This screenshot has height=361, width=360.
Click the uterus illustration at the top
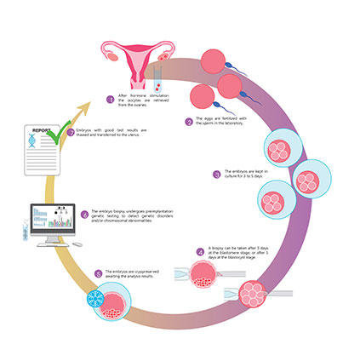click(x=134, y=58)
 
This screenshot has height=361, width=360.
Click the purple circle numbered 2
click(x=188, y=123)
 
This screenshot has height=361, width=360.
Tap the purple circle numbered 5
click(x=99, y=272)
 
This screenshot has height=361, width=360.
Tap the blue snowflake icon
click(x=94, y=304)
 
